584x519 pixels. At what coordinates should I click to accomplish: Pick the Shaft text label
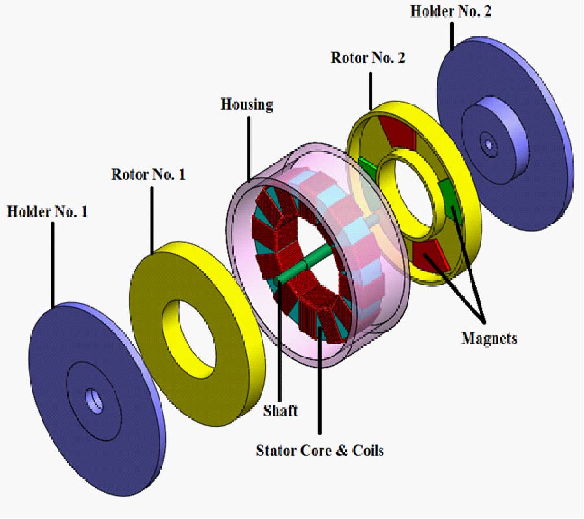click(280, 411)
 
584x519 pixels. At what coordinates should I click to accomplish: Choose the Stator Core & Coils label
click(320, 450)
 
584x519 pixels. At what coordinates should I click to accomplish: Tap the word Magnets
click(489, 338)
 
